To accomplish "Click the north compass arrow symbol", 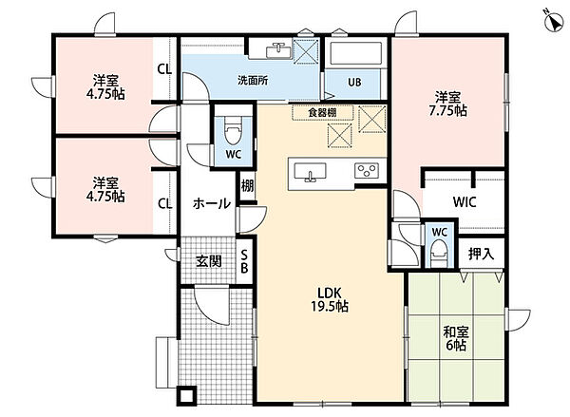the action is (554, 21).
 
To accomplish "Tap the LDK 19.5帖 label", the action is (330, 299).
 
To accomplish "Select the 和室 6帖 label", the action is (456, 338).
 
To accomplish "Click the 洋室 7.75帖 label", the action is (447, 104).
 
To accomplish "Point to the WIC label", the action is (465, 202).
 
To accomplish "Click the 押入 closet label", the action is (481, 254).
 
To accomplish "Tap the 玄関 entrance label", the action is (209, 261).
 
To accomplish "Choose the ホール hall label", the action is (212, 203).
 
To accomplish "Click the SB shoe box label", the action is (245, 261).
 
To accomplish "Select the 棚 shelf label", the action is (248, 186).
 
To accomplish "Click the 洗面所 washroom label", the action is (253, 81).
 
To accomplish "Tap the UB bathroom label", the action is (354, 82).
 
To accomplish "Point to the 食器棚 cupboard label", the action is (322, 113).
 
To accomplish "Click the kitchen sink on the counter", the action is (310, 172).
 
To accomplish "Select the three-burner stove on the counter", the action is (367, 171).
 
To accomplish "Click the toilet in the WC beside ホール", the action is (233, 132).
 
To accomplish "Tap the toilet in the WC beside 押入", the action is (439, 254).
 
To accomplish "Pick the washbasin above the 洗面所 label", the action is (278, 50).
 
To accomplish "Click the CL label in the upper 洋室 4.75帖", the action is (164, 69).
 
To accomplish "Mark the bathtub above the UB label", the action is (356, 54).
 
